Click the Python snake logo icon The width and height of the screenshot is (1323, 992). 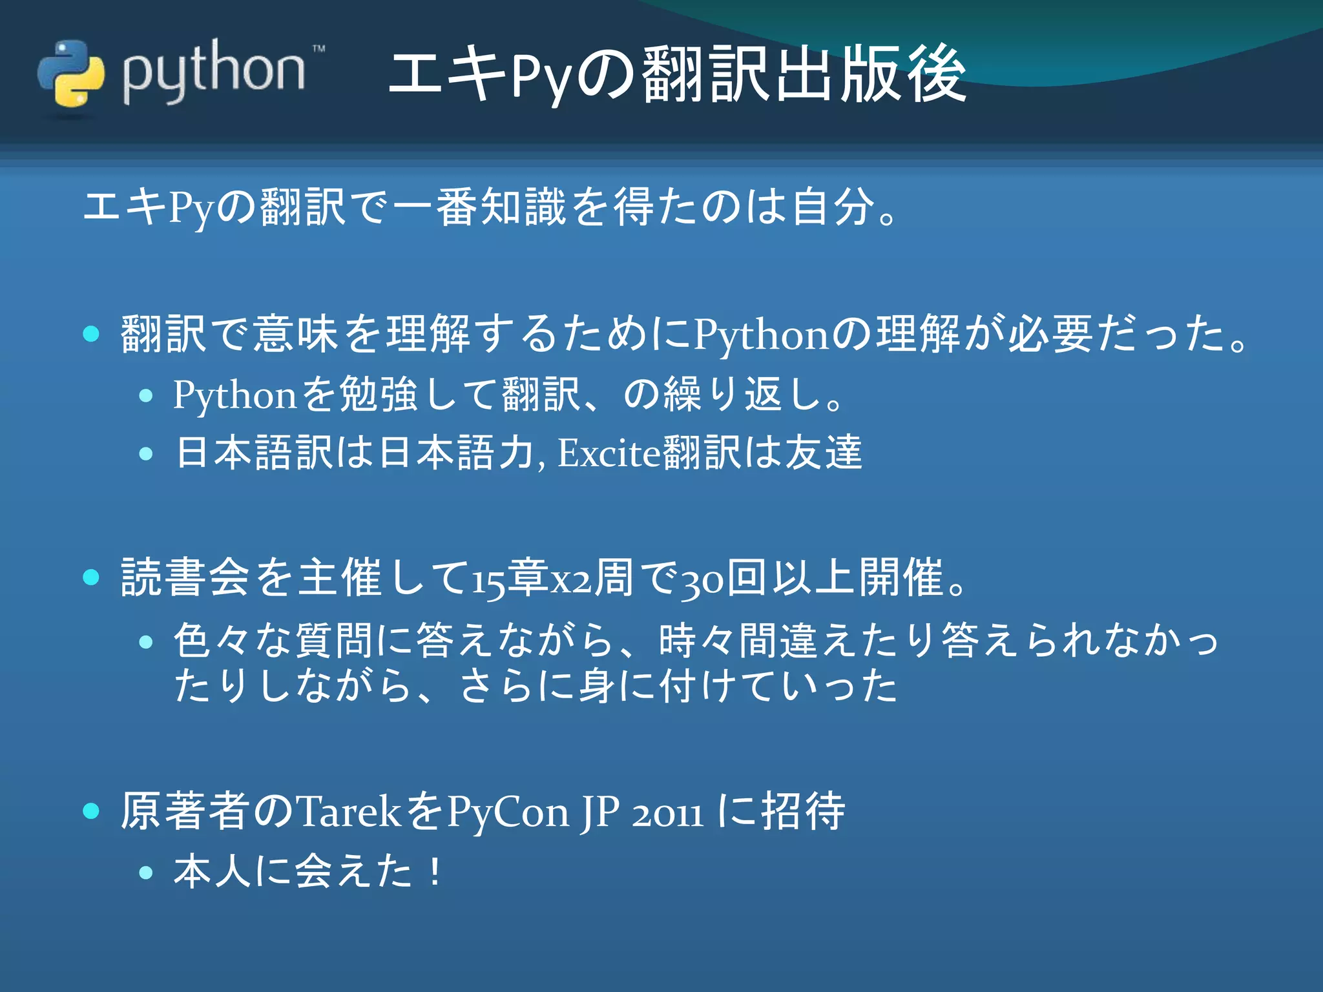click(70, 73)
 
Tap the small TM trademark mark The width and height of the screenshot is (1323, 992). click(318, 48)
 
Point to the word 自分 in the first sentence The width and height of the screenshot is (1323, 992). click(833, 207)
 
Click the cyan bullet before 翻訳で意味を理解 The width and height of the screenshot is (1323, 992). click(92, 334)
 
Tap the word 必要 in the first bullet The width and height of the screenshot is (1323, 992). click(1050, 334)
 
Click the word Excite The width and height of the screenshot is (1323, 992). click(609, 453)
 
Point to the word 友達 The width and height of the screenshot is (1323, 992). click(824, 452)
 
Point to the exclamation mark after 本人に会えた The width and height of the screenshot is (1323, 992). click(436, 871)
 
